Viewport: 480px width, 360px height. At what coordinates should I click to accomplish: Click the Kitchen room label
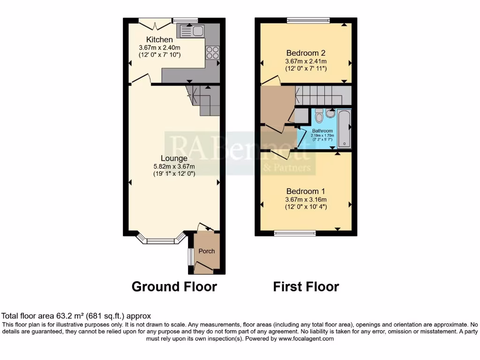[159, 40]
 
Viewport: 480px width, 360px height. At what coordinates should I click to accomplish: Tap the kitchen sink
[191, 31]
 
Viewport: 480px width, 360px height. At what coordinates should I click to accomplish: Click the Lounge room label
[174, 158]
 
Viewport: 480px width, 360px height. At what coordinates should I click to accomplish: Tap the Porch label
[207, 251]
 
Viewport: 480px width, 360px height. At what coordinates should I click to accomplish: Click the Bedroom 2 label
[306, 52]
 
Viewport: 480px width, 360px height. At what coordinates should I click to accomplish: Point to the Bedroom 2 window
[308, 20]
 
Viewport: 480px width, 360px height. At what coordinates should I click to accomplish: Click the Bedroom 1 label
[306, 191]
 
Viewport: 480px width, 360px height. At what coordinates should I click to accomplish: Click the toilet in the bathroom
[319, 115]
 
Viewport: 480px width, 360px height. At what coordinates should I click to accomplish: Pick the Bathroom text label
[322, 131]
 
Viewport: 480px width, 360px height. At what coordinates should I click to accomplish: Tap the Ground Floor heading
[174, 286]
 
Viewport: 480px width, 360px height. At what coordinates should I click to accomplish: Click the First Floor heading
[306, 286]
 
